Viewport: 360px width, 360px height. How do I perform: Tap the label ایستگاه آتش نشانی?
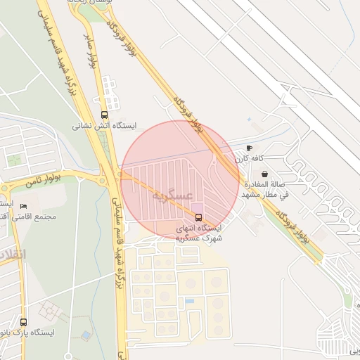(x=105, y=127)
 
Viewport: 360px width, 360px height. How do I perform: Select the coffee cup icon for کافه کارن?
(x=249, y=148)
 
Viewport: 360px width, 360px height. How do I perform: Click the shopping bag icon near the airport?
(x=264, y=174)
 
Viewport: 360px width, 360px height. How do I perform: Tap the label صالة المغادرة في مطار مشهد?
(x=265, y=188)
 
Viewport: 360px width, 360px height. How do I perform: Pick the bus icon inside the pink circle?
(x=198, y=217)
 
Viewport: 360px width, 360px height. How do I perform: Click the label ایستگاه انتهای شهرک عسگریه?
(x=200, y=233)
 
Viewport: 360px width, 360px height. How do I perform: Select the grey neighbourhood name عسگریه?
(x=172, y=195)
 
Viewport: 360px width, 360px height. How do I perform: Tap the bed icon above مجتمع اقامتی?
(x=23, y=207)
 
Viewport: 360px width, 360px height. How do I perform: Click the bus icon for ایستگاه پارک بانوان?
(x=24, y=322)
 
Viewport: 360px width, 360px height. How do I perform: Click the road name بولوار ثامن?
(x=43, y=181)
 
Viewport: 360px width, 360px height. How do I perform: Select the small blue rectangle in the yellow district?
(x=190, y=302)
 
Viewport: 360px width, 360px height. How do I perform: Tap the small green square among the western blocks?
(x=14, y=160)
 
